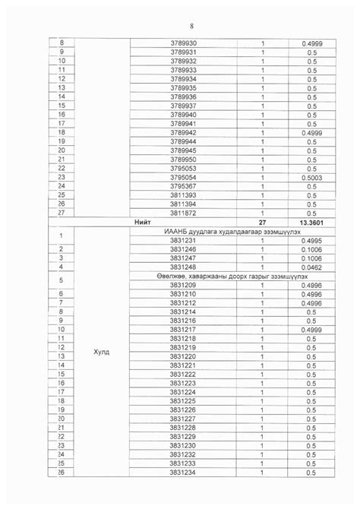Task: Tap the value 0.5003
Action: coord(311,177)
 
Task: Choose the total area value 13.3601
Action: coord(311,222)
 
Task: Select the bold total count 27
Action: coord(263,222)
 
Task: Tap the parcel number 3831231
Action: coord(184,240)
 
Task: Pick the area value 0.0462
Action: coord(311,267)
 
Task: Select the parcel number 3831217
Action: coord(184,330)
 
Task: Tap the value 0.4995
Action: coord(311,240)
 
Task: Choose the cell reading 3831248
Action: coord(184,267)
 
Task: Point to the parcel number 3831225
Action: coord(184,401)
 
